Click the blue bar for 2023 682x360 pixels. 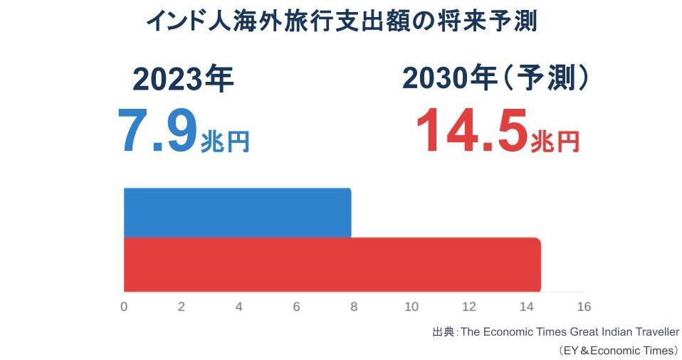point(237,213)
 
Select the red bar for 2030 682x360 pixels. point(332,265)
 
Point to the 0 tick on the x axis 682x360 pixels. point(124,307)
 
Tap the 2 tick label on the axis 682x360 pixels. point(182,307)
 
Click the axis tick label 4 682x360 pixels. point(238,307)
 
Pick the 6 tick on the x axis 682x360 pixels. point(296,307)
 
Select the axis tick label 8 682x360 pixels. point(354,307)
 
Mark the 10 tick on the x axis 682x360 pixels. point(411,307)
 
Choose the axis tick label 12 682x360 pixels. point(468,307)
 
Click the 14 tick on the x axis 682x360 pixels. point(526,307)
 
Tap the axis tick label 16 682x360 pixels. point(584,307)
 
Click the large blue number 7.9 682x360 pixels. point(158,132)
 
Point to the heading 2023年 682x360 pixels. point(183,80)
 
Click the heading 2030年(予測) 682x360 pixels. point(495,78)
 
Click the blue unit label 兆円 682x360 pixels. point(225,142)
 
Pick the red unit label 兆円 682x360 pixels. point(555,142)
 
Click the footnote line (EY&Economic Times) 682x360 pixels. point(618,350)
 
